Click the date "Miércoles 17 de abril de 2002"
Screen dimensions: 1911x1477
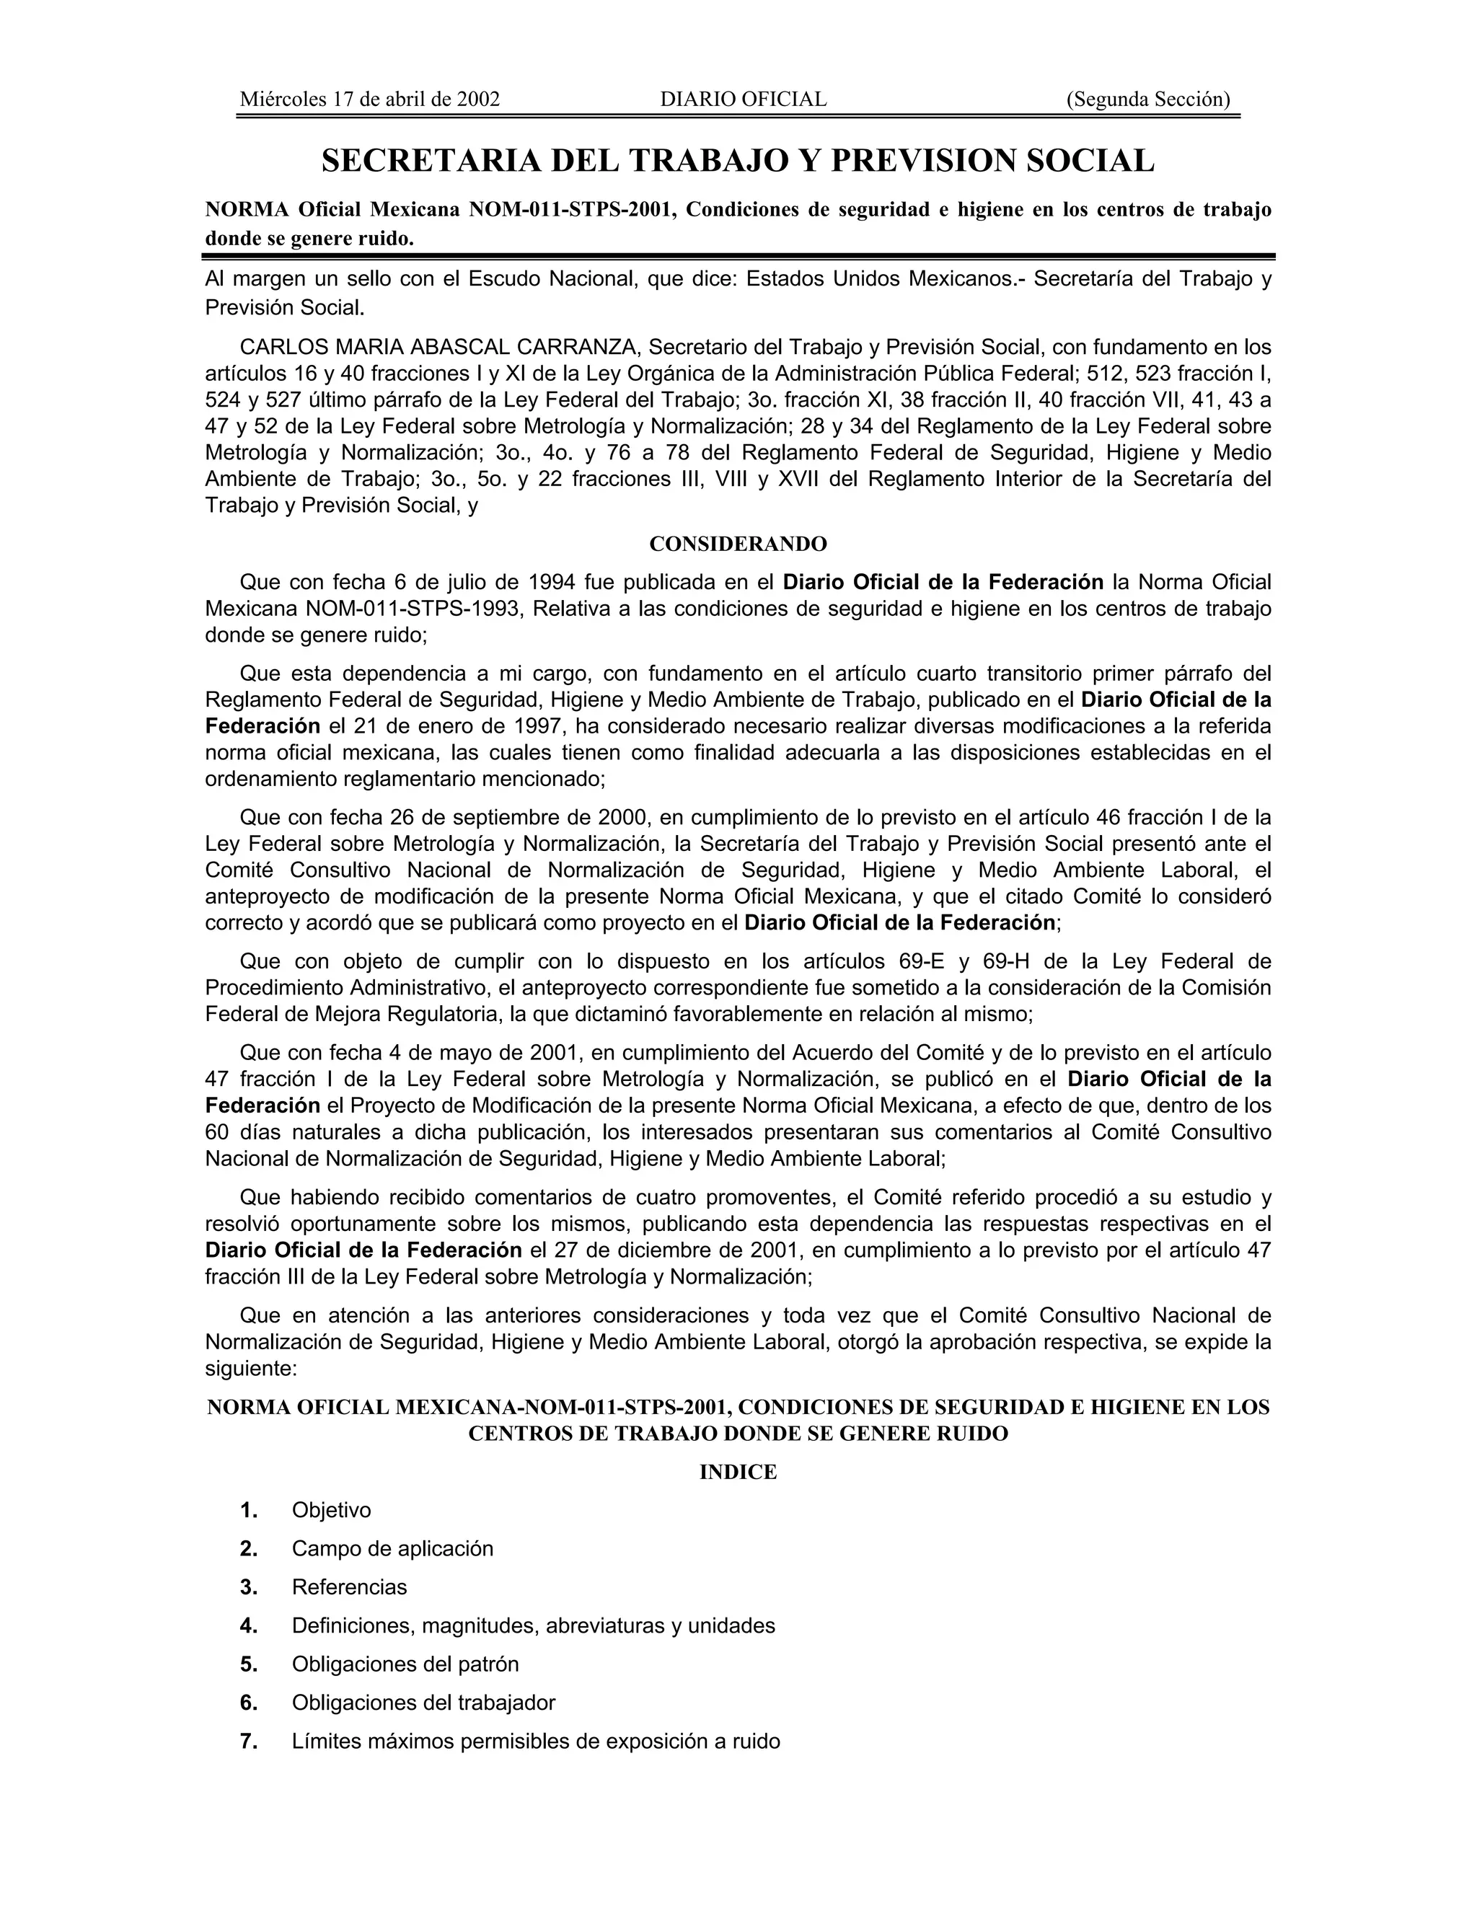(x=369, y=99)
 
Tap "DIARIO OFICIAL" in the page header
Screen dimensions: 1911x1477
(x=743, y=99)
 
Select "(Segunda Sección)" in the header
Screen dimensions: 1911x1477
(x=1148, y=99)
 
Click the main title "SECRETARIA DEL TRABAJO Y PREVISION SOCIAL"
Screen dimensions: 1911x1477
(x=738, y=161)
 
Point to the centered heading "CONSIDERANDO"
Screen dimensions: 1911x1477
(x=738, y=544)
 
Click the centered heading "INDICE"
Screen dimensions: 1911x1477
(x=738, y=1473)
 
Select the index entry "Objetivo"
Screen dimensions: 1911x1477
(x=331, y=1511)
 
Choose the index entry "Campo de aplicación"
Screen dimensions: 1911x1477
(x=392, y=1550)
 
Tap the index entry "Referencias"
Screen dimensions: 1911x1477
(x=349, y=1588)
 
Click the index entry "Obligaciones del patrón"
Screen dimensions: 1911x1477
(x=405, y=1665)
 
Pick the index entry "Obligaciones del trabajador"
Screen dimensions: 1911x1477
(x=423, y=1703)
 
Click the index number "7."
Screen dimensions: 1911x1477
(x=249, y=1742)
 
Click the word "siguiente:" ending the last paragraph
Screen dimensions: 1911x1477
(x=251, y=1369)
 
